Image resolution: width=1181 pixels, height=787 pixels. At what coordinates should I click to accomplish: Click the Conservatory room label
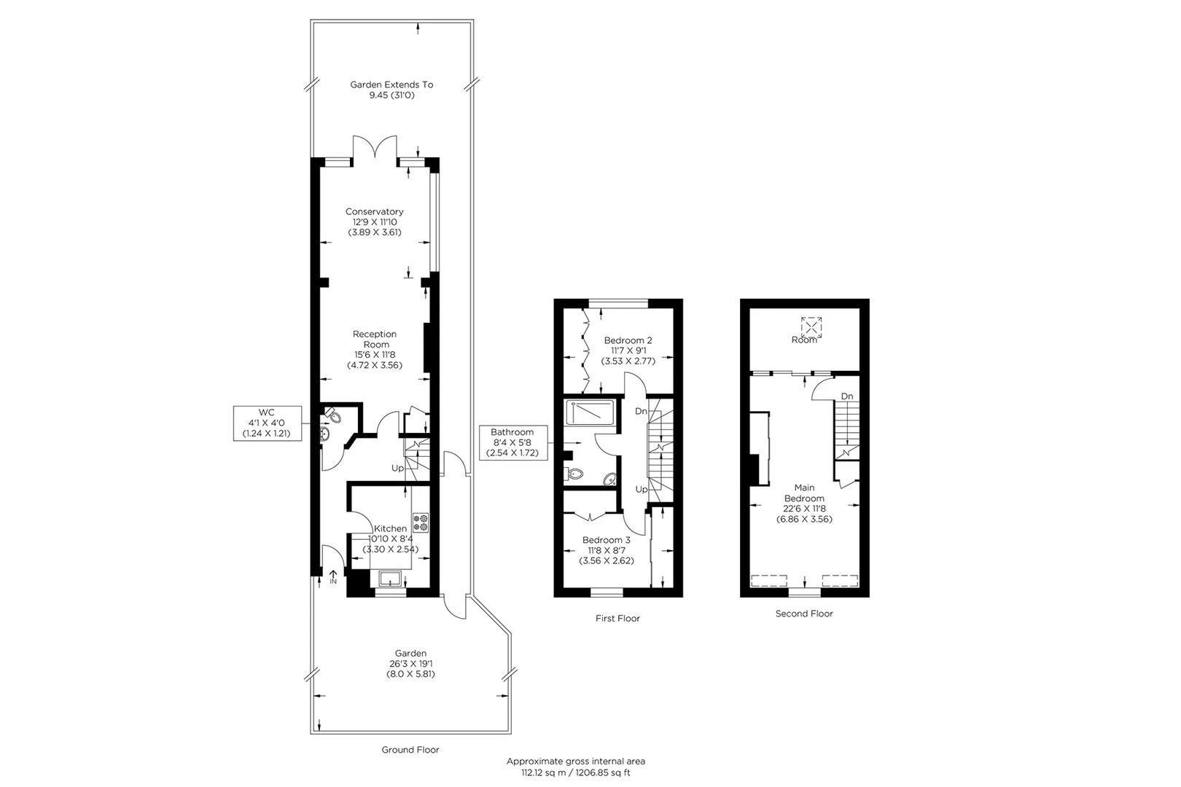(375, 222)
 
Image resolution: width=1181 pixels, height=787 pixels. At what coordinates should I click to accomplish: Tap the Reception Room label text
(375, 349)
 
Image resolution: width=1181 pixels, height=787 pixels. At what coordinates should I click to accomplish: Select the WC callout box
(266, 423)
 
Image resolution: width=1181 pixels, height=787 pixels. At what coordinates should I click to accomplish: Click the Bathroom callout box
(512, 442)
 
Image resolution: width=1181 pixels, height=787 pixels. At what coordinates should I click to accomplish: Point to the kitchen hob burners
(421, 522)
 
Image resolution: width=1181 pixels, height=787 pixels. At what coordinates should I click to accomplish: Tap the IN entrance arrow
(333, 577)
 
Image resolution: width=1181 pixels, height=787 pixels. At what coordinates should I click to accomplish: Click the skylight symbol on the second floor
(811, 326)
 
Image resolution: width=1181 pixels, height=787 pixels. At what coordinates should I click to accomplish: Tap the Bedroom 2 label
(628, 350)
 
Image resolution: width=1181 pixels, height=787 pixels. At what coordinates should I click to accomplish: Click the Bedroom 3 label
(606, 550)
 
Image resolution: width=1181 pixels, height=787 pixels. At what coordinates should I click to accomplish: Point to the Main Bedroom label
(804, 503)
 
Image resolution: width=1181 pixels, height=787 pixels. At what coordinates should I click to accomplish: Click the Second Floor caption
(803, 614)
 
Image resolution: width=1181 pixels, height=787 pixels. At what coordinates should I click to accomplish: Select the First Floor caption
(617, 618)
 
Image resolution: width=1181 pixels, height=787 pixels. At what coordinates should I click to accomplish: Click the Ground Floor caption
(410, 749)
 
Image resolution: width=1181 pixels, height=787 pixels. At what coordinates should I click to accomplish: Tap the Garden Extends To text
(391, 90)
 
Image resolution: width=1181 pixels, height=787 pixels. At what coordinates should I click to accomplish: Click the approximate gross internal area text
(576, 767)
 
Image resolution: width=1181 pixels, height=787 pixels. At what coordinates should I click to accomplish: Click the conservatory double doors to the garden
(375, 148)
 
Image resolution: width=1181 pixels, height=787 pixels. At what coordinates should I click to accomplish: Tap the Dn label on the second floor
(846, 396)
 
